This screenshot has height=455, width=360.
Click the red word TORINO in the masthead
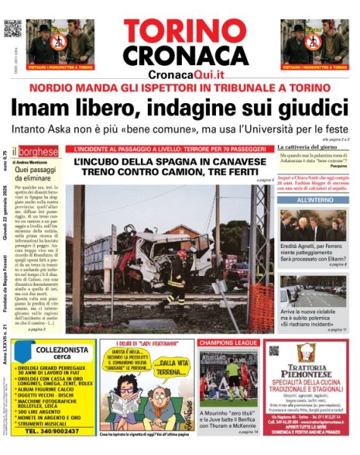180,32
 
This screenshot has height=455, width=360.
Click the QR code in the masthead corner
12,29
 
